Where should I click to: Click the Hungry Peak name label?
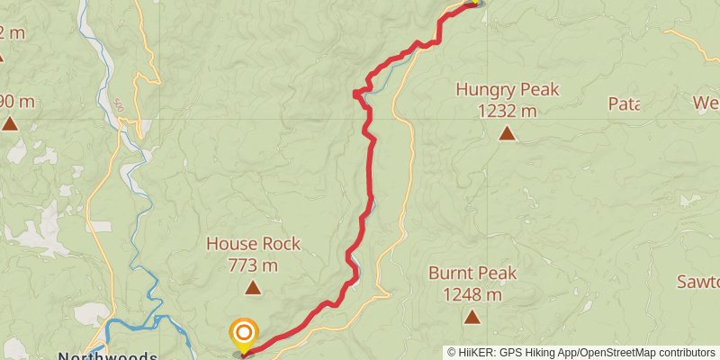click(508, 90)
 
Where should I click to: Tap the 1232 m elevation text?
click(508, 111)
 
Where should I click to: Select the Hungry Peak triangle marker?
click(508, 134)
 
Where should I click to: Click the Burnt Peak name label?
click(472, 273)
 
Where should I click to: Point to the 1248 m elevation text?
click(472, 293)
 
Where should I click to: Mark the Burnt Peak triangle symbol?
click(472, 317)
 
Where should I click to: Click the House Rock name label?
click(253, 244)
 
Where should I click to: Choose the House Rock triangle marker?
click(253, 288)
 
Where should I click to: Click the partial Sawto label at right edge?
click(698, 282)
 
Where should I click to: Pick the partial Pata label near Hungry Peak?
click(624, 103)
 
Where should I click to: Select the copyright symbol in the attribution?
click(453, 353)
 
